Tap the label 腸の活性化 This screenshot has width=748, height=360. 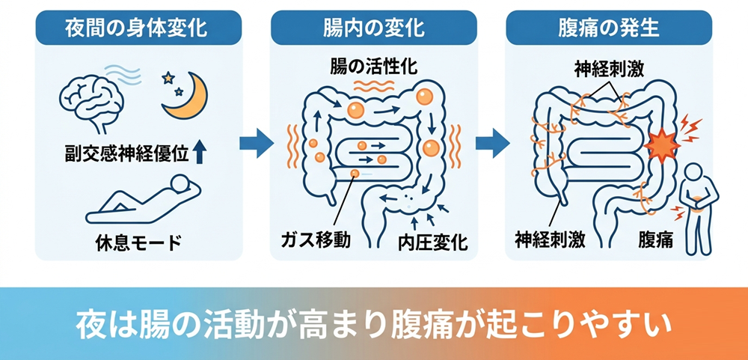pos(374,67)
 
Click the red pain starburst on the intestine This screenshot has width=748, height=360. pos(662,143)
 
